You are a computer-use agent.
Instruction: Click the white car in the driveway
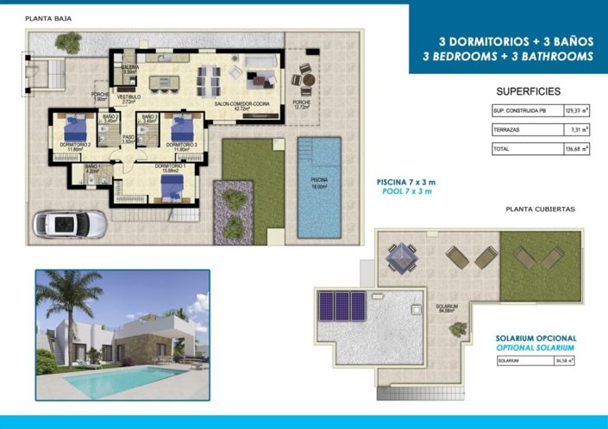[x=70, y=223]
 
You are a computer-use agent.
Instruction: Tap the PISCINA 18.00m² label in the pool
[x=318, y=183]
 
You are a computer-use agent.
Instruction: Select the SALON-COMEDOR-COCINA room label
[x=232, y=106]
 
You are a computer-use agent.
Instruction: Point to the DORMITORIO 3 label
[x=183, y=146]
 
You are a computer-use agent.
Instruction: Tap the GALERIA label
[x=130, y=69]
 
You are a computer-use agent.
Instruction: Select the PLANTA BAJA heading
[x=48, y=18]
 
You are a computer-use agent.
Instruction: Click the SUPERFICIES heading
[x=528, y=91]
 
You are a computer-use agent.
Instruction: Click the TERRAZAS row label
[x=508, y=129]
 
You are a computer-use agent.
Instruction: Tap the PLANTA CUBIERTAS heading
[x=541, y=208]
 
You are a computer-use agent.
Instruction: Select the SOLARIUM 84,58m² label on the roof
[x=446, y=308]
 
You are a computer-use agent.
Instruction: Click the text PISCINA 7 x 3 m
[x=406, y=183]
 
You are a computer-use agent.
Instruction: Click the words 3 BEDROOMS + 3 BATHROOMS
[x=508, y=56]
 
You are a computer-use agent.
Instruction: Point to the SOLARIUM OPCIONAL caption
[x=536, y=339]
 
